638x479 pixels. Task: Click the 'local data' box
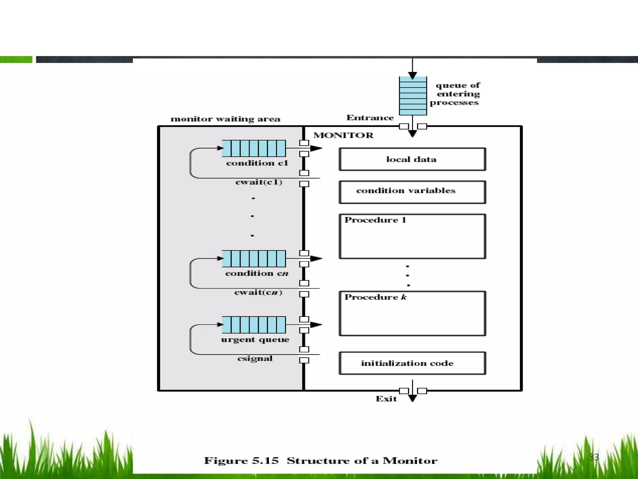point(412,159)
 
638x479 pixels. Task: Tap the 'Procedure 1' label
point(375,220)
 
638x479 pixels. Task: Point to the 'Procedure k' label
point(375,297)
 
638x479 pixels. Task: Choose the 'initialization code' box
point(412,363)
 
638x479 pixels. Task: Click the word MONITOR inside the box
point(343,135)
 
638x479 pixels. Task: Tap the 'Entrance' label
point(370,118)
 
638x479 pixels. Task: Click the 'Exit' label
point(386,399)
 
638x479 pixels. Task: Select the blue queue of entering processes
point(413,96)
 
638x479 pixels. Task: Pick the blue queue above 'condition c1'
point(254,148)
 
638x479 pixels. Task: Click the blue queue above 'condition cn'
point(254,259)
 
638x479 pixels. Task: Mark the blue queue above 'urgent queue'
point(254,325)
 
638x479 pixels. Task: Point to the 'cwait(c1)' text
point(259,182)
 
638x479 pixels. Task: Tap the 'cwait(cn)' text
point(258,293)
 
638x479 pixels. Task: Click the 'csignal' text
point(255,359)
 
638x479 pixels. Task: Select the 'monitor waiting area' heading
point(225,119)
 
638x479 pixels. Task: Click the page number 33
point(594,457)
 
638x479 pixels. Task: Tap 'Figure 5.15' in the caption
point(241,461)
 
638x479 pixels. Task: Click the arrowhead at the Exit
point(412,398)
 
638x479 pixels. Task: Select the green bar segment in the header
point(16,59)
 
